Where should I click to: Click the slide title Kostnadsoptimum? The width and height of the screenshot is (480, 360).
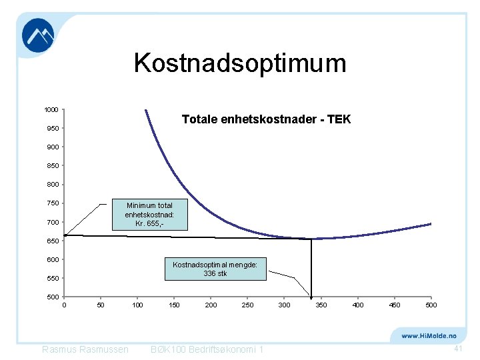tap(240, 63)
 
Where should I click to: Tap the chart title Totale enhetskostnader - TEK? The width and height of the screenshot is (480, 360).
tap(266, 120)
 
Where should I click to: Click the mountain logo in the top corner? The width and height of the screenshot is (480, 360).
tap(38, 35)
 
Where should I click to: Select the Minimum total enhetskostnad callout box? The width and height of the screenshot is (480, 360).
tap(149, 215)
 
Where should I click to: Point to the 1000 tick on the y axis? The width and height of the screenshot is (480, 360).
tap(51, 109)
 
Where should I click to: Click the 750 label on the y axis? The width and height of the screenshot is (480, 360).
tap(53, 203)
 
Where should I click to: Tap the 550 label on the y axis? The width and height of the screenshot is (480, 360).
tap(53, 278)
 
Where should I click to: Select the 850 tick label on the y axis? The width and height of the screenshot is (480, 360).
tap(53, 165)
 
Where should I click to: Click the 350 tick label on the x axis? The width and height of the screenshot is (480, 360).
tap(321, 305)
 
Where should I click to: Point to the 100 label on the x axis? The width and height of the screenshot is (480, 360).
tap(137, 305)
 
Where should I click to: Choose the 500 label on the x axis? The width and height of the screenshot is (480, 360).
tap(431, 305)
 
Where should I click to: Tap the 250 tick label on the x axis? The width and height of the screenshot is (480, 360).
tap(247, 305)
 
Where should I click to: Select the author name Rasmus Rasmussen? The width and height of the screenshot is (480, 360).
tap(85, 350)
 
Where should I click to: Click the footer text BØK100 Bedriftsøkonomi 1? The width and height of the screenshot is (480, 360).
tap(207, 350)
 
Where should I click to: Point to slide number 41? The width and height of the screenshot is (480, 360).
tap(457, 349)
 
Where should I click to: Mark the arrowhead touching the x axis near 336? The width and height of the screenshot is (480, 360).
tap(310, 295)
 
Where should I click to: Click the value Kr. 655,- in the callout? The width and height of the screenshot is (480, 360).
tap(149, 224)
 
